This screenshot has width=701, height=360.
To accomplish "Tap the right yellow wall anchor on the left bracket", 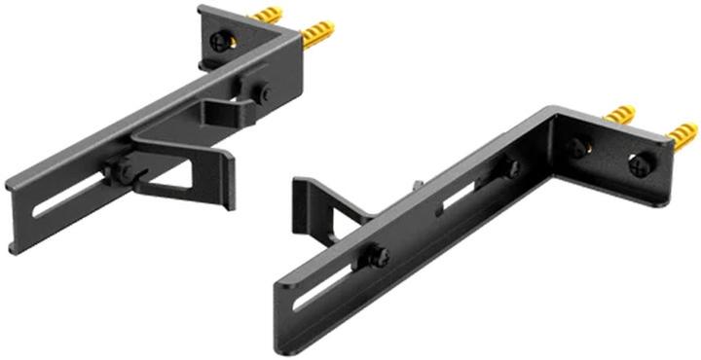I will pyautogui.click(x=316, y=36).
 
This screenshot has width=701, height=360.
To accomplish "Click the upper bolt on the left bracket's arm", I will pyautogui.click(x=264, y=93).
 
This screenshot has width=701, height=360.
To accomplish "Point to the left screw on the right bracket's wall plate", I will pyautogui.click(x=578, y=148).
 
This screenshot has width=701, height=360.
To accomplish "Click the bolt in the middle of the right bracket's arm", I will pyautogui.click(x=510, y=169).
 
